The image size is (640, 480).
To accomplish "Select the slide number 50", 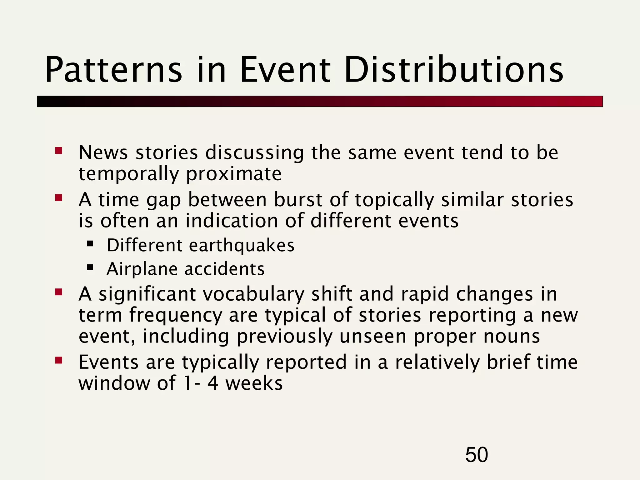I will coord(476,455).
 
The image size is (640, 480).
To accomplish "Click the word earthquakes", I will coord(242,245).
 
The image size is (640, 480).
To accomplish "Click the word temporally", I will coord(128,174).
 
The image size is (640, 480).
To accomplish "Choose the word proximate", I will coord(234,174).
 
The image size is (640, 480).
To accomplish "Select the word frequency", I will coord(175,316).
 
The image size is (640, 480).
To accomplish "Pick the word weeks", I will coord(254,383).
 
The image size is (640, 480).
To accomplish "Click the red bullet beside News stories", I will coord(59,151).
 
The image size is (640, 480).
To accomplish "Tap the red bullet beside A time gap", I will coord(59,198).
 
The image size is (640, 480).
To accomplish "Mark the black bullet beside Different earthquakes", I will coord(90,243).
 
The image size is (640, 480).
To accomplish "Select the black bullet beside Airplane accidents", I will coord(90,267).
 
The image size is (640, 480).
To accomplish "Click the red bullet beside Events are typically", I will coord(59,361).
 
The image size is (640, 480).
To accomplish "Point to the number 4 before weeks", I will coord(212,383).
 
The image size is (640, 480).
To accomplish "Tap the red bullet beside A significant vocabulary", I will coord(59,292).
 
